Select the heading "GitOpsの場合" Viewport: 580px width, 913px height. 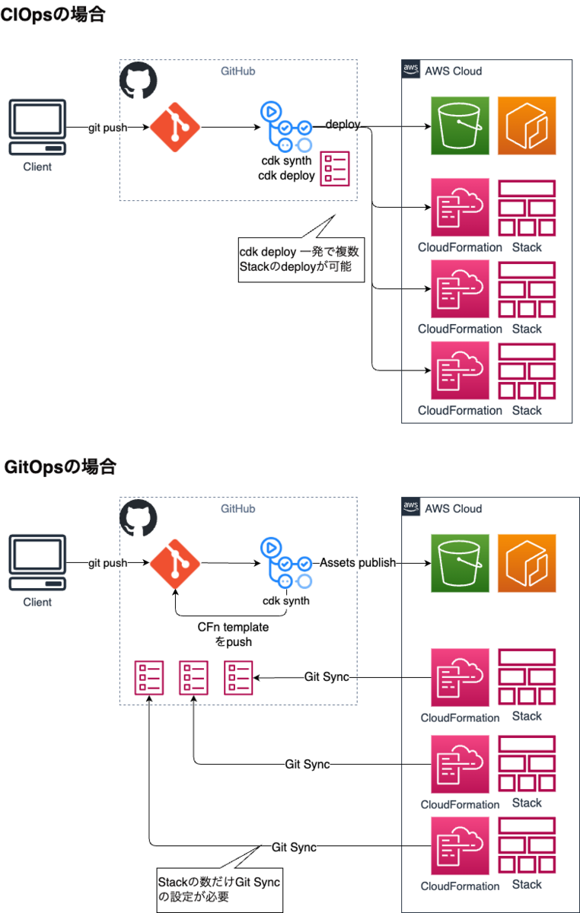[60, 466]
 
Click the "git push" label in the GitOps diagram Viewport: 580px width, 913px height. [107, 563]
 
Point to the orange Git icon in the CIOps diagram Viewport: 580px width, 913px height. [175, 127]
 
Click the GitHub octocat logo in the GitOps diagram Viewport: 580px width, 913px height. [139, 517]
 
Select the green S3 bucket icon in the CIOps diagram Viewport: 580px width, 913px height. [460, 126]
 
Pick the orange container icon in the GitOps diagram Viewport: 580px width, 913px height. [527, 563]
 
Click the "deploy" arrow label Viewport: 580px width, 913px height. [343, 124]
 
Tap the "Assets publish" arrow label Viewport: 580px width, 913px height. [358, 563]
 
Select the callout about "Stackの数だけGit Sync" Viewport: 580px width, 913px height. [219, 889]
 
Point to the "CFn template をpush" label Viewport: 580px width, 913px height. [233, 635]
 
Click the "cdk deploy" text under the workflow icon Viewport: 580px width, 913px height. [286, 176]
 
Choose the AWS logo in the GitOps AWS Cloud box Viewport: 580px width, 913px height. [411, 507]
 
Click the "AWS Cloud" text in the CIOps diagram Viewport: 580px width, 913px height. [453, 72]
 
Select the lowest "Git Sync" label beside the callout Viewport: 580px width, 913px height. [294, 847]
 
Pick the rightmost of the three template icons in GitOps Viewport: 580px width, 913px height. [238, 677]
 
